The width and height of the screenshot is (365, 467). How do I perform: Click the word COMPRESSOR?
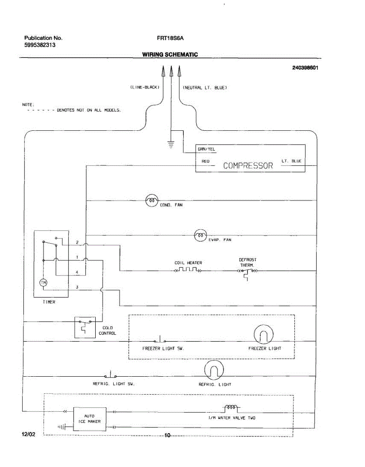pos(248,166)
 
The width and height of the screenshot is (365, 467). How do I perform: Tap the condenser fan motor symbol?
pos(151,200)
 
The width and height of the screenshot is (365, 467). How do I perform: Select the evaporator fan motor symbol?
pos(200,235)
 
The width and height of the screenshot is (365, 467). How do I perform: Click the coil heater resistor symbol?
pos(188,270)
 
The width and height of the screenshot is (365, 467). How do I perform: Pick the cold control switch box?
pos(85,327)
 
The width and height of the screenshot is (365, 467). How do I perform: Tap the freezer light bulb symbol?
pos(263,334)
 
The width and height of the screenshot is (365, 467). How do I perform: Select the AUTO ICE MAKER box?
pos(89,419)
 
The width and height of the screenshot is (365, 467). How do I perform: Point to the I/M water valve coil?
pos(231,407)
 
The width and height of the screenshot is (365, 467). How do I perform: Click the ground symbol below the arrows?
pos(170,145)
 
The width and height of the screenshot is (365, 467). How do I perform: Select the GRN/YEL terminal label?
pos(206,149)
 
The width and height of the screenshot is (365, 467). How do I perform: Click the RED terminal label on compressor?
pos(205,161)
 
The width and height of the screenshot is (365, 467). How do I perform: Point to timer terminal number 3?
pos(77,287)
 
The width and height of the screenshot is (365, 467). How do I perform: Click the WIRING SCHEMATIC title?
pos(170,54)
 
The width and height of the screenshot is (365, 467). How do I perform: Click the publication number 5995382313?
pos(40,45)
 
